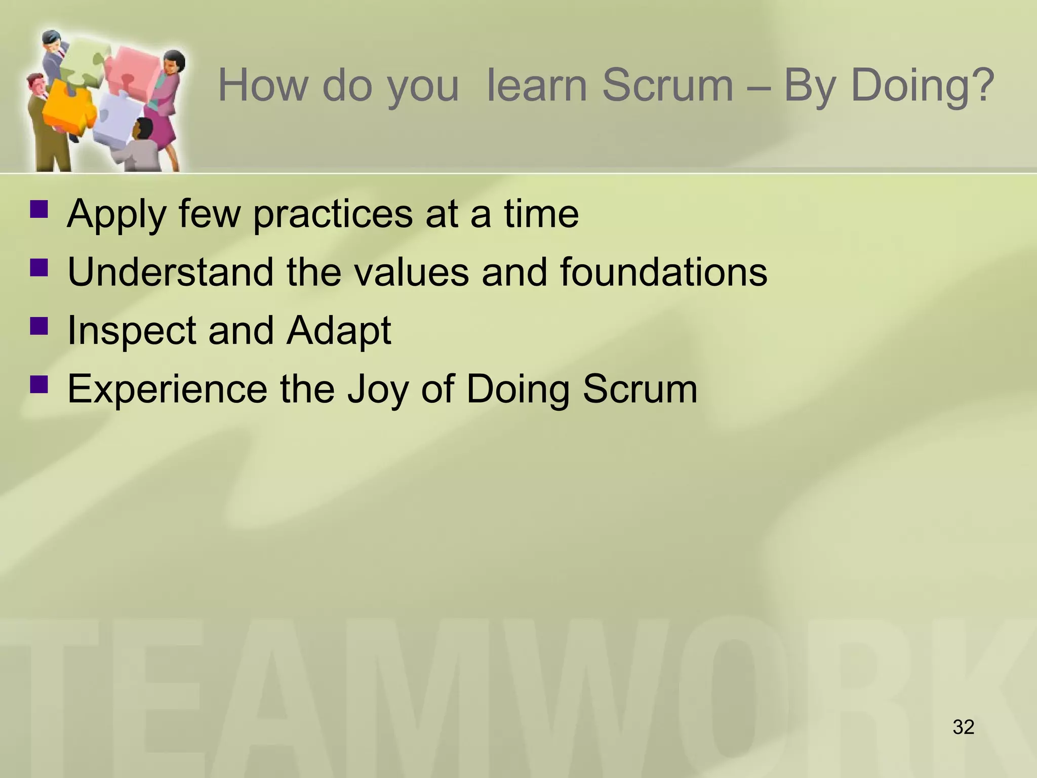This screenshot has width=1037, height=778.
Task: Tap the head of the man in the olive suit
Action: [x=36, y=84]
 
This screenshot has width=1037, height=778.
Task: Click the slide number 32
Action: [x=963, y=727]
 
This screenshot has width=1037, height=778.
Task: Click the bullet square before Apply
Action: [x=39, y=209]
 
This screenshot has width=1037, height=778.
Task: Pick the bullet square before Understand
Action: [x=39, y=267]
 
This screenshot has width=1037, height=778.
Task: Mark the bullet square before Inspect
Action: [x=39, y=326]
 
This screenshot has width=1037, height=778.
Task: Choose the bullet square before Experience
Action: [x=39, y=384]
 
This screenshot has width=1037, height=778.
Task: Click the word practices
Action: [x=333, y=215]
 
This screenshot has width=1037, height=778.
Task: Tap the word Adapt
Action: [x=338, y=331]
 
